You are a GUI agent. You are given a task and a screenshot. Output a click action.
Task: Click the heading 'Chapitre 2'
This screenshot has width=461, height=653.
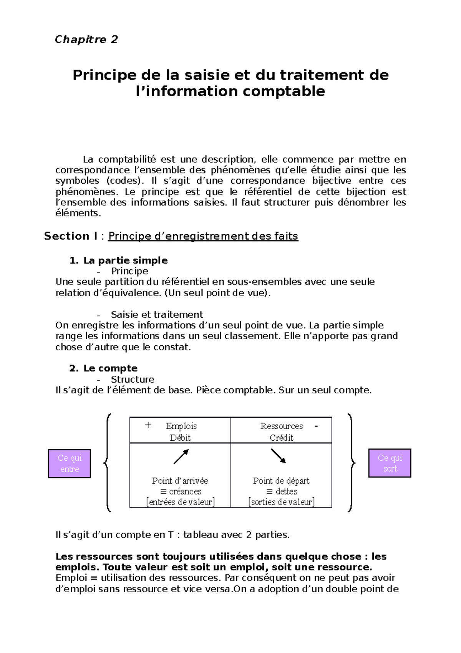click(x=86, y=39)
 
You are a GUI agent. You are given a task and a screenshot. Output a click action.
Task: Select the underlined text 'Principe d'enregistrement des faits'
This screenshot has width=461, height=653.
click(x=203, y=236)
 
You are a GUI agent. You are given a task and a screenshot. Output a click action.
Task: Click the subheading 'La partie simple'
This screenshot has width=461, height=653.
click(x=125, y=260)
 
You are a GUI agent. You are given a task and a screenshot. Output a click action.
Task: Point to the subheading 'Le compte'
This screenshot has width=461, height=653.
click(x=110, y=368)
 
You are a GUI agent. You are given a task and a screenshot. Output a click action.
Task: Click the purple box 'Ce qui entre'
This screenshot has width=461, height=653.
click(x=69, y=463)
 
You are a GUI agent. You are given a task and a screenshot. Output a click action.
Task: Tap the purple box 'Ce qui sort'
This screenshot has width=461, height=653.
click(x=390, y=463)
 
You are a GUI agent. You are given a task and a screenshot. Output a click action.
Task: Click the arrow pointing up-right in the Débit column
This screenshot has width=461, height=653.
click(x=181, y=456)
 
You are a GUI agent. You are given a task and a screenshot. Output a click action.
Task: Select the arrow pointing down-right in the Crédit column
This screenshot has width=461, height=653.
click(x=279, y=456)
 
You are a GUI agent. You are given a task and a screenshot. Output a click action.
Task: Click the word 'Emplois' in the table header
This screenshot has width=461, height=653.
click(x=181, y=426)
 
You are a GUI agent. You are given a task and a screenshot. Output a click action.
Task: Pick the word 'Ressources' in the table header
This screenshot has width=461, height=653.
click(x=281, y=426)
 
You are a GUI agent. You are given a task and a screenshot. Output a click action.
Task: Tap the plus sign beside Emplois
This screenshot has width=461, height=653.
click(x=148, y=425)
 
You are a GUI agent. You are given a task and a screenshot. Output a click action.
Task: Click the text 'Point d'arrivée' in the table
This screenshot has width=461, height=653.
click(x=180, y=481)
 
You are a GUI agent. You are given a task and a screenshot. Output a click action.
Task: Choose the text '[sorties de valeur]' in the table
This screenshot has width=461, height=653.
click(x=281, y=502)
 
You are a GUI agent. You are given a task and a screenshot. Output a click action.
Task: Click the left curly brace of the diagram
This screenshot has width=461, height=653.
click(x=108, y=463)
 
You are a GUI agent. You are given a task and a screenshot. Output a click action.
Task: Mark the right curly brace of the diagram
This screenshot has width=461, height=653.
click(x=351, y=463)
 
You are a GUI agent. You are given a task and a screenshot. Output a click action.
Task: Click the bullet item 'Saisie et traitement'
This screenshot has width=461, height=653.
click(x=157, y=315)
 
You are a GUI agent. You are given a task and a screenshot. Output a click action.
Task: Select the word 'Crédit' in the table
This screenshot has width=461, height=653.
click(x=281, y=438)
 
